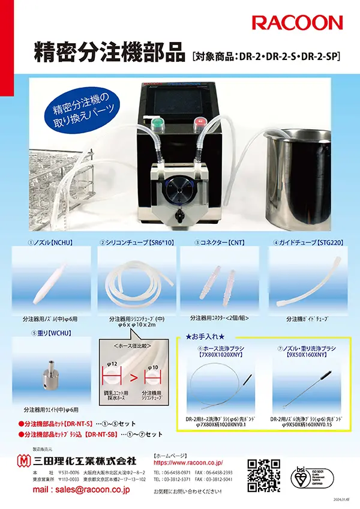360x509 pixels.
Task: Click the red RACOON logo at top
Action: point(297,23)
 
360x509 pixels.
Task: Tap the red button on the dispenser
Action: point(198,124)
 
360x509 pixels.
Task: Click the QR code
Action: point(264,475)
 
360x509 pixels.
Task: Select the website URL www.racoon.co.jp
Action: point(188,463)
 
